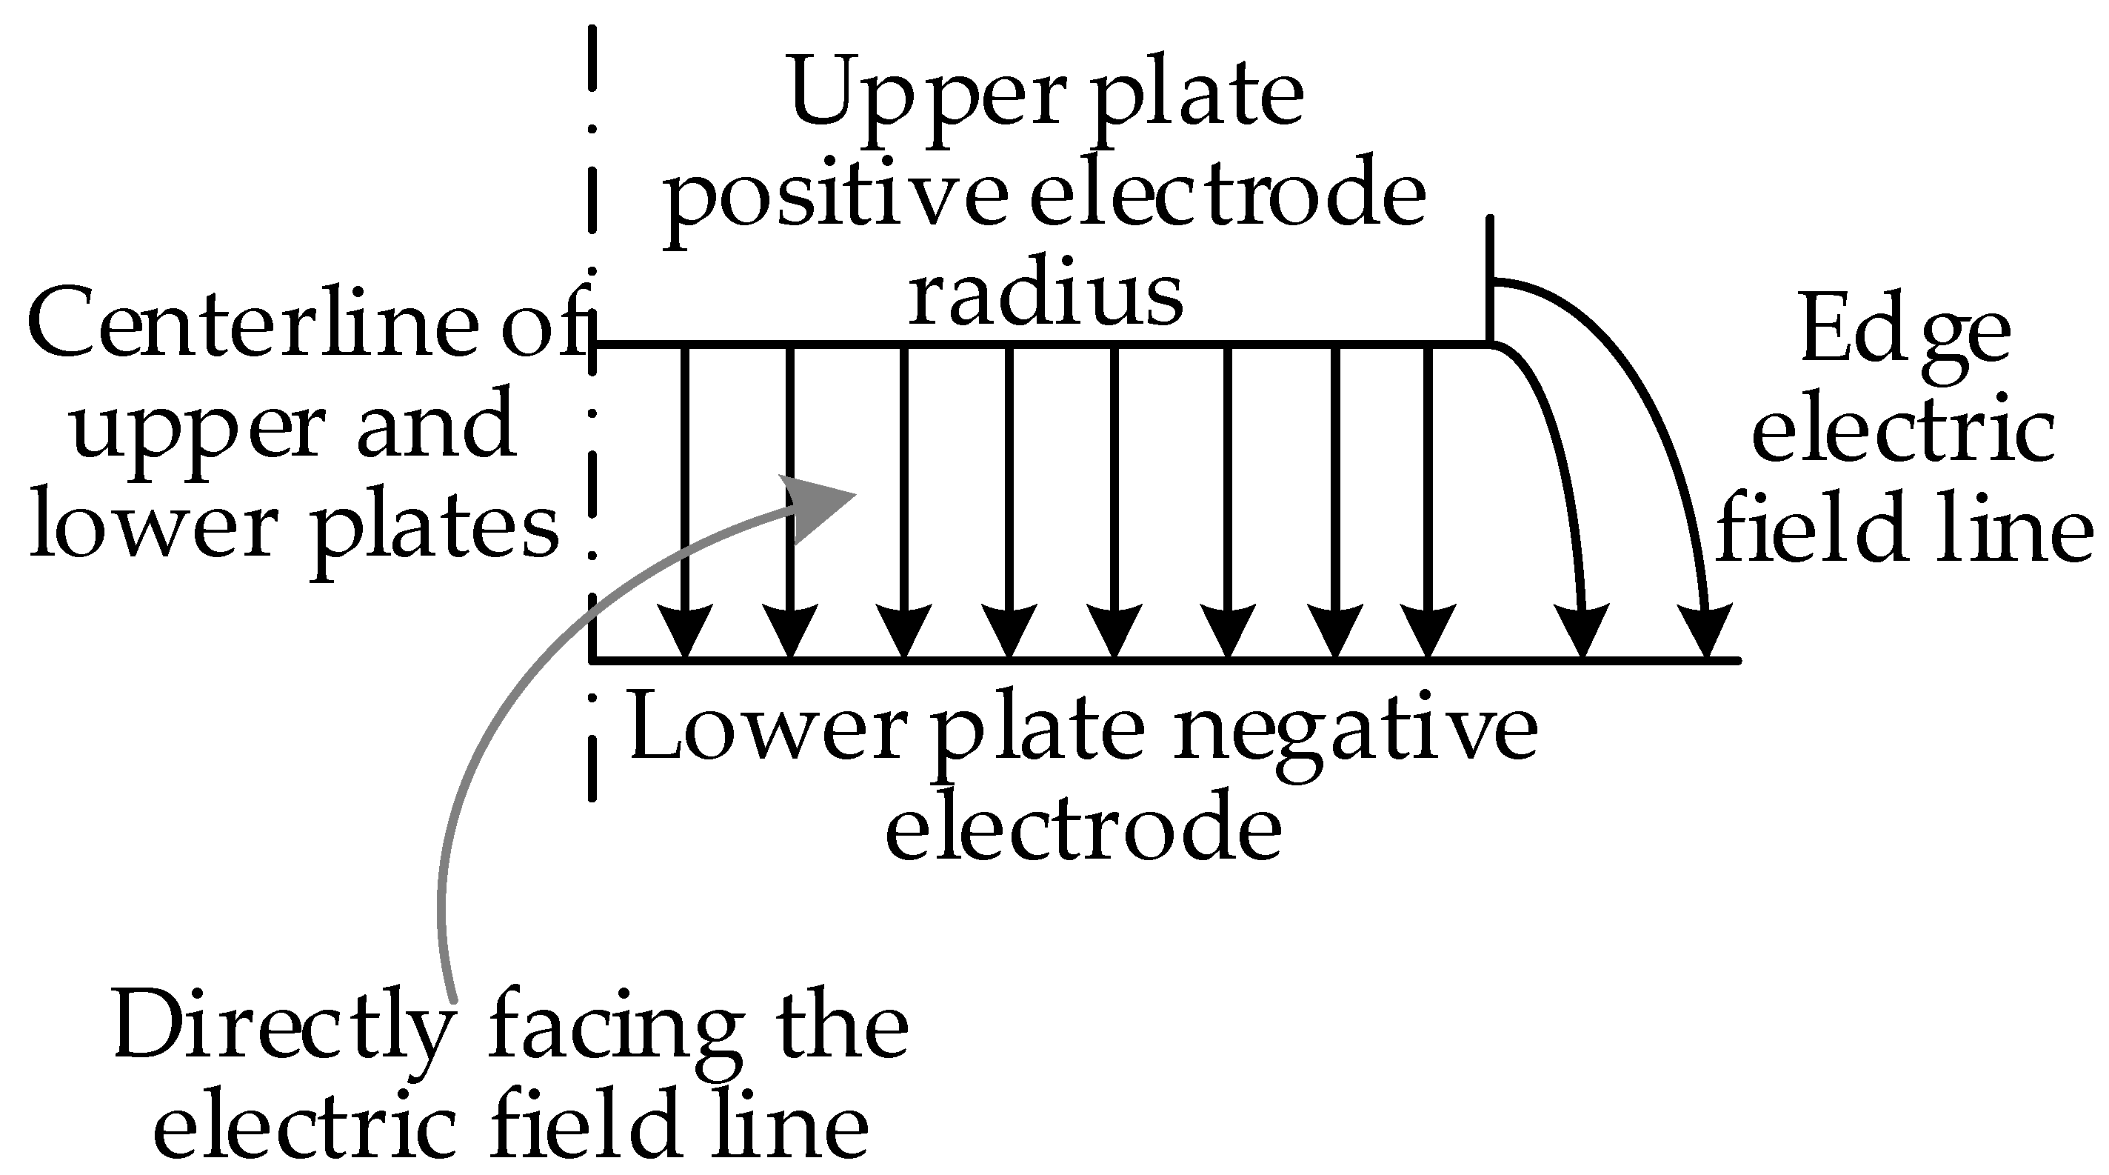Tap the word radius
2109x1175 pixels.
[x=1046, y=295]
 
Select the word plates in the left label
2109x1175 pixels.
[x=435, y=528]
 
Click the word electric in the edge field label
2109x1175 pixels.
[x=1902, y=434]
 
